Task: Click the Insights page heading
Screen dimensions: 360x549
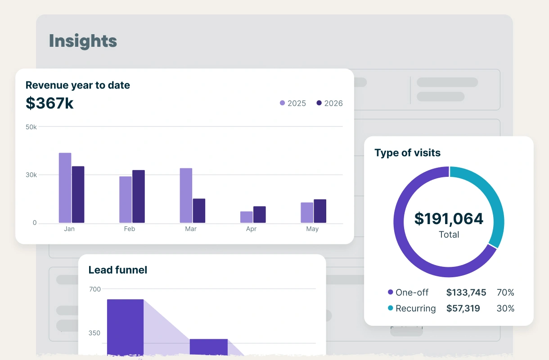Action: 83,41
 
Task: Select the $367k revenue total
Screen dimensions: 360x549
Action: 49,103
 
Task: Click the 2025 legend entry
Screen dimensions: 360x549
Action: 293,103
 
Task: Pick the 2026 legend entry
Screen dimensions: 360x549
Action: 329,103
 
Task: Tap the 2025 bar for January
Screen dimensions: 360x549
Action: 65,188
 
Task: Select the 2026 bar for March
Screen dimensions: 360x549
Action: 199,211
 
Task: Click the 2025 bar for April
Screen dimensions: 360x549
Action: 247,217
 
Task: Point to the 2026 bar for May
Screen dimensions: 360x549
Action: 320,211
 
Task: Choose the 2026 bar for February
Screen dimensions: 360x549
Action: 139,196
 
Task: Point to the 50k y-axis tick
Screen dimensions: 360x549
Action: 31,127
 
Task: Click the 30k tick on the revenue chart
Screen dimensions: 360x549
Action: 31,175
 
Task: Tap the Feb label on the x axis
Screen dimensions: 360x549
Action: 130,229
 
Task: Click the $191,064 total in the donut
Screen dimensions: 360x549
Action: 449,219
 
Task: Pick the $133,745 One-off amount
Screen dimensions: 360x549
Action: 466,292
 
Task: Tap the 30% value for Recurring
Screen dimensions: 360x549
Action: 505,308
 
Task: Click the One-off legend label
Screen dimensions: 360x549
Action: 412,292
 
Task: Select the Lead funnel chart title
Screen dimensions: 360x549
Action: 118,270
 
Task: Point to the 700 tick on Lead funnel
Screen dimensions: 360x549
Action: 95,289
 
